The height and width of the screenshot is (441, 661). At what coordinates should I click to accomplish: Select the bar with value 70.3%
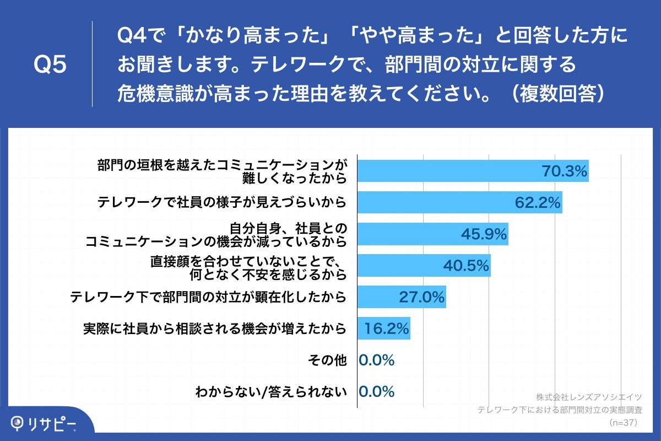[473, 171]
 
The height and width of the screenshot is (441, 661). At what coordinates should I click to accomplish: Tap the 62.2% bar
[459, 202]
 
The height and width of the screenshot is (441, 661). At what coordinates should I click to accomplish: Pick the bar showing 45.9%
[432, 234]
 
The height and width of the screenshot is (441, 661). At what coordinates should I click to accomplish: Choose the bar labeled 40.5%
[424, 266]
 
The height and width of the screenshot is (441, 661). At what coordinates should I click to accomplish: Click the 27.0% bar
[401, 297]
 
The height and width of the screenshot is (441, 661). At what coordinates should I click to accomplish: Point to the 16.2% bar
[383, 329]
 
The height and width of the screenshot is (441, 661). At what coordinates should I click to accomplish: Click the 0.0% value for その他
[377, 361]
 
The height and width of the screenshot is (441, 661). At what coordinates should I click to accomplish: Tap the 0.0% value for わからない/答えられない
[377, 392]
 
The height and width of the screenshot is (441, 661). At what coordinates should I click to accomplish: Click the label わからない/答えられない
[271, 392]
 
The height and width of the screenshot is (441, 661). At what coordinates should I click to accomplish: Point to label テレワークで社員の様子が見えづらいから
[222, 202]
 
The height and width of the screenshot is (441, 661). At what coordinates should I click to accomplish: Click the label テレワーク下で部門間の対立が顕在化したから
[208, 297]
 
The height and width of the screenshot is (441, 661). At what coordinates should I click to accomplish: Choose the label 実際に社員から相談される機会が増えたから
[215, 329]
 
